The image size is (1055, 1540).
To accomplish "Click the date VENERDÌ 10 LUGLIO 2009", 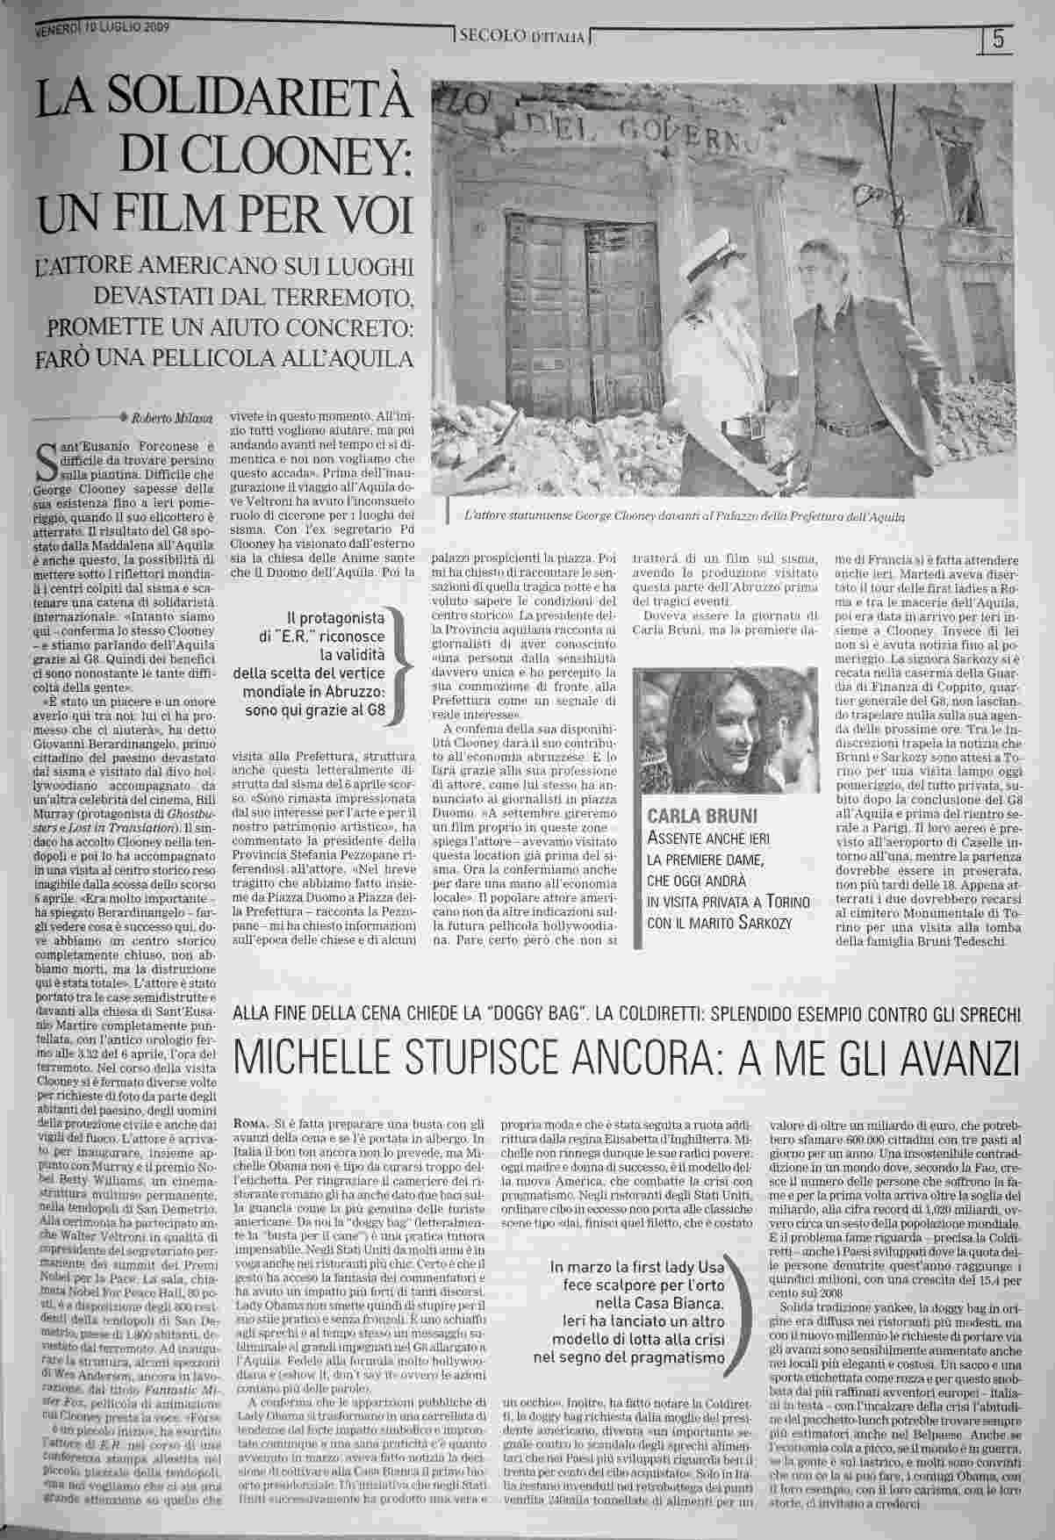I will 102,28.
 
